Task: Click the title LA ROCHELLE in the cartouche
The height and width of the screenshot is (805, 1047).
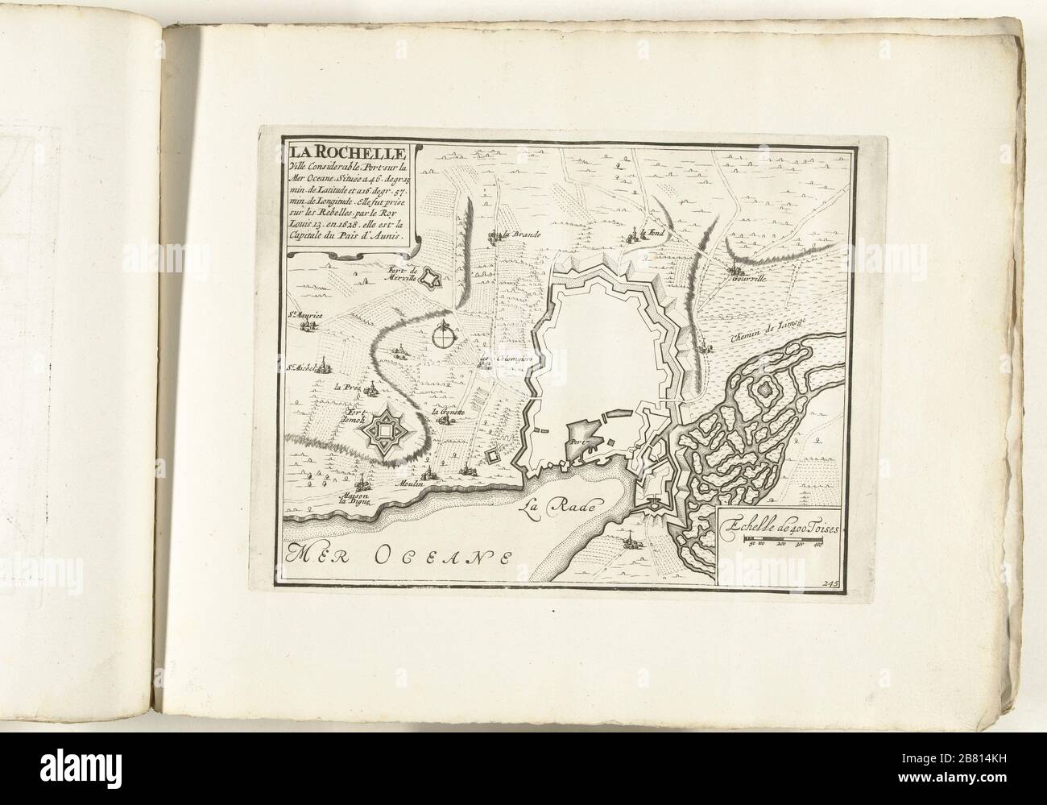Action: click(x=346, y=151)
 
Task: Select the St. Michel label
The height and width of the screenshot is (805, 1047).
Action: click(x=305, y=371)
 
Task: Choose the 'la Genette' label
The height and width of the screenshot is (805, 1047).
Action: click(x=449, y=413)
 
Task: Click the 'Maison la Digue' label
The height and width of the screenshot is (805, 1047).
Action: click(x=355, y=496)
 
